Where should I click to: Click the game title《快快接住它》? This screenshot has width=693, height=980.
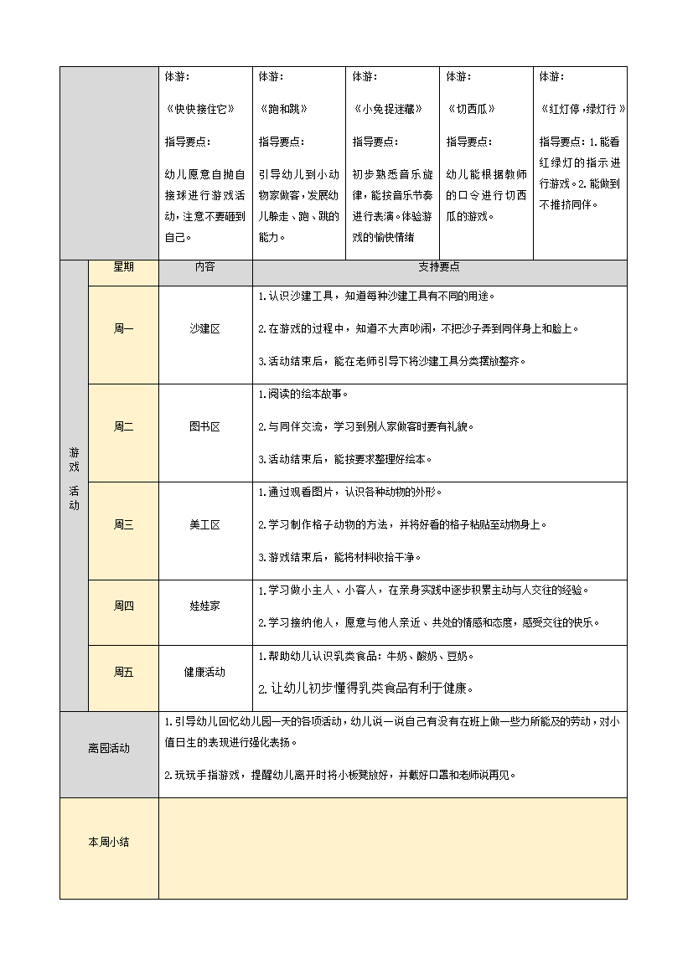[199, 109]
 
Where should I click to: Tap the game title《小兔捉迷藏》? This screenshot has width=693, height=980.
[387, 109]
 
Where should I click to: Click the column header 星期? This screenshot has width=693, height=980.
[123, 267]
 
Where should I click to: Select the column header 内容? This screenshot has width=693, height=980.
[204, 267]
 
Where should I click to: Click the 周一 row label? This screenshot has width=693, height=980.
[123, 329]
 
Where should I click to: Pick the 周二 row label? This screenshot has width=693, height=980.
[123, 426]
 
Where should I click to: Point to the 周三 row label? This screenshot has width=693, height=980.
[123, 525]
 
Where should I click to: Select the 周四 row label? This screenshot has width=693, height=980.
[123, 606]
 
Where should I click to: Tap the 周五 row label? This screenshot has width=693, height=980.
[123, 672]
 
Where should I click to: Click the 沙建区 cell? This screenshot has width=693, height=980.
[204, 329]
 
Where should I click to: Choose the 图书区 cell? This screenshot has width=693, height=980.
[204, 426]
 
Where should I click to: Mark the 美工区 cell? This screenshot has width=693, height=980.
[204, 525]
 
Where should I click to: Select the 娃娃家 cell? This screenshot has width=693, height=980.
[204, 606]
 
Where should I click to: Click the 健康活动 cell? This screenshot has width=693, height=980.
[204, 672]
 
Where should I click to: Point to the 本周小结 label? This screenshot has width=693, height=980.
[109, 843]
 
